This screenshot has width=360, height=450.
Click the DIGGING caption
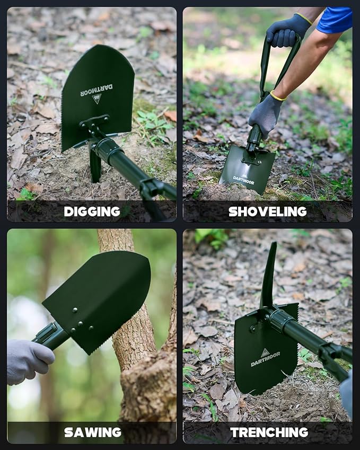point(92,211)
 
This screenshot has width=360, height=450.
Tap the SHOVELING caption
point(267,211)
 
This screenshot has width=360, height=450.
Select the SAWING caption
point(92,432)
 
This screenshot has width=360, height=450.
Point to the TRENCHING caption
point(269,432)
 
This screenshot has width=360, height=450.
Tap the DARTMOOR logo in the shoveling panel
point(243,179)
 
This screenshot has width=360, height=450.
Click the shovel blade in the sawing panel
point(101,297)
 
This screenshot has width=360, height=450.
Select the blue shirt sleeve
point(335,20)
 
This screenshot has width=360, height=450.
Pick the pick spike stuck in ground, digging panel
point(95,167)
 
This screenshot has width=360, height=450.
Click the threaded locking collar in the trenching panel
point(281,320)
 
